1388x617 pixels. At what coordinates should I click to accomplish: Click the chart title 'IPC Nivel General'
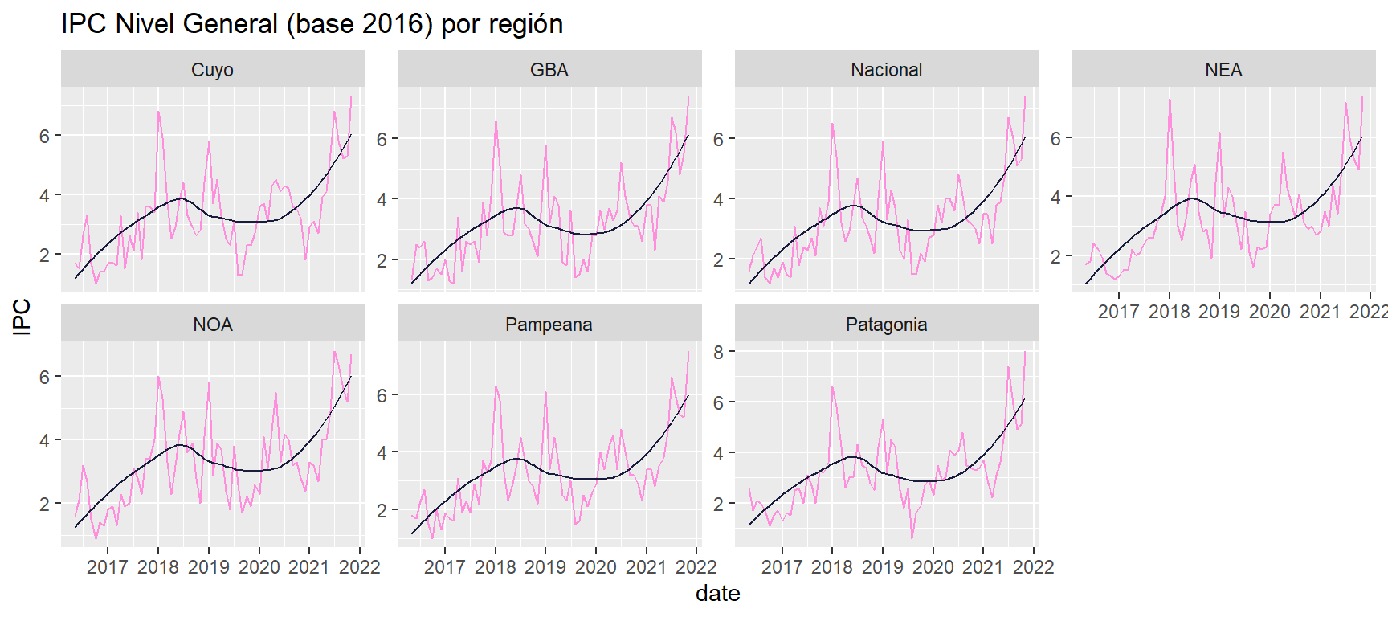point(312,24)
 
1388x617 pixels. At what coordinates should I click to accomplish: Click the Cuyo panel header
point(212,70)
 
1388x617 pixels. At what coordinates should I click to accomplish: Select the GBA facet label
point(549,70)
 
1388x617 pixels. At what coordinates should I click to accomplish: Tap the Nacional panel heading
point(886,70)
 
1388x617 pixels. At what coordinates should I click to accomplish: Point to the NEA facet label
point(1223,70)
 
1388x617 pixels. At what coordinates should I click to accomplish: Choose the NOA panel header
point(212,325)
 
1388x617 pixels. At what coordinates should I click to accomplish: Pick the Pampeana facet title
point(549,325)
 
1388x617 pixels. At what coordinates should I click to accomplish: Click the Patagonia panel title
point(886,325)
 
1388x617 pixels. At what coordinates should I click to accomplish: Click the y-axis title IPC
point(22,317)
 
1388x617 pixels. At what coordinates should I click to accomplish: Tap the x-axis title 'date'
point(717,594)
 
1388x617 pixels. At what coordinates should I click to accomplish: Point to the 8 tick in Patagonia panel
point(718,352)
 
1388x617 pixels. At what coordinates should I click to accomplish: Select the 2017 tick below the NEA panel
point(1118,312)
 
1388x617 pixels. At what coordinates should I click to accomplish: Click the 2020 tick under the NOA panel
point(259,567)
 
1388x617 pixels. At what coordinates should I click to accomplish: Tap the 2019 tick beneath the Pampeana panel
point(545,567)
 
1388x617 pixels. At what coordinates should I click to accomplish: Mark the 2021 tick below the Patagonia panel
point(983,567)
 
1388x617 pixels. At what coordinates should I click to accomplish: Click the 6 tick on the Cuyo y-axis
point(45,136)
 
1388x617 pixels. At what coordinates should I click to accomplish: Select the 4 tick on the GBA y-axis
point(382,199)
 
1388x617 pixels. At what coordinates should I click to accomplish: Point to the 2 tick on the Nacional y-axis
point(719,259)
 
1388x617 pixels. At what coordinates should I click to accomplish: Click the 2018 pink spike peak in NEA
point(1170,100)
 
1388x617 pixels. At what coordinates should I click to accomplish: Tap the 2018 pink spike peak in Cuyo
point(158,112)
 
